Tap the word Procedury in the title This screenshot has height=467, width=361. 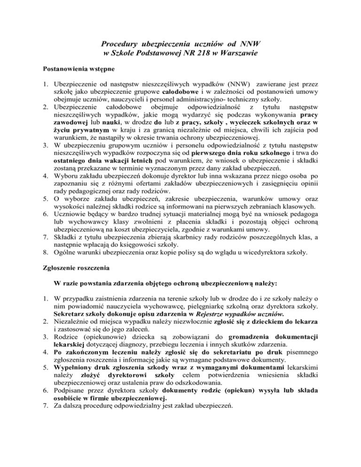[124, 44]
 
